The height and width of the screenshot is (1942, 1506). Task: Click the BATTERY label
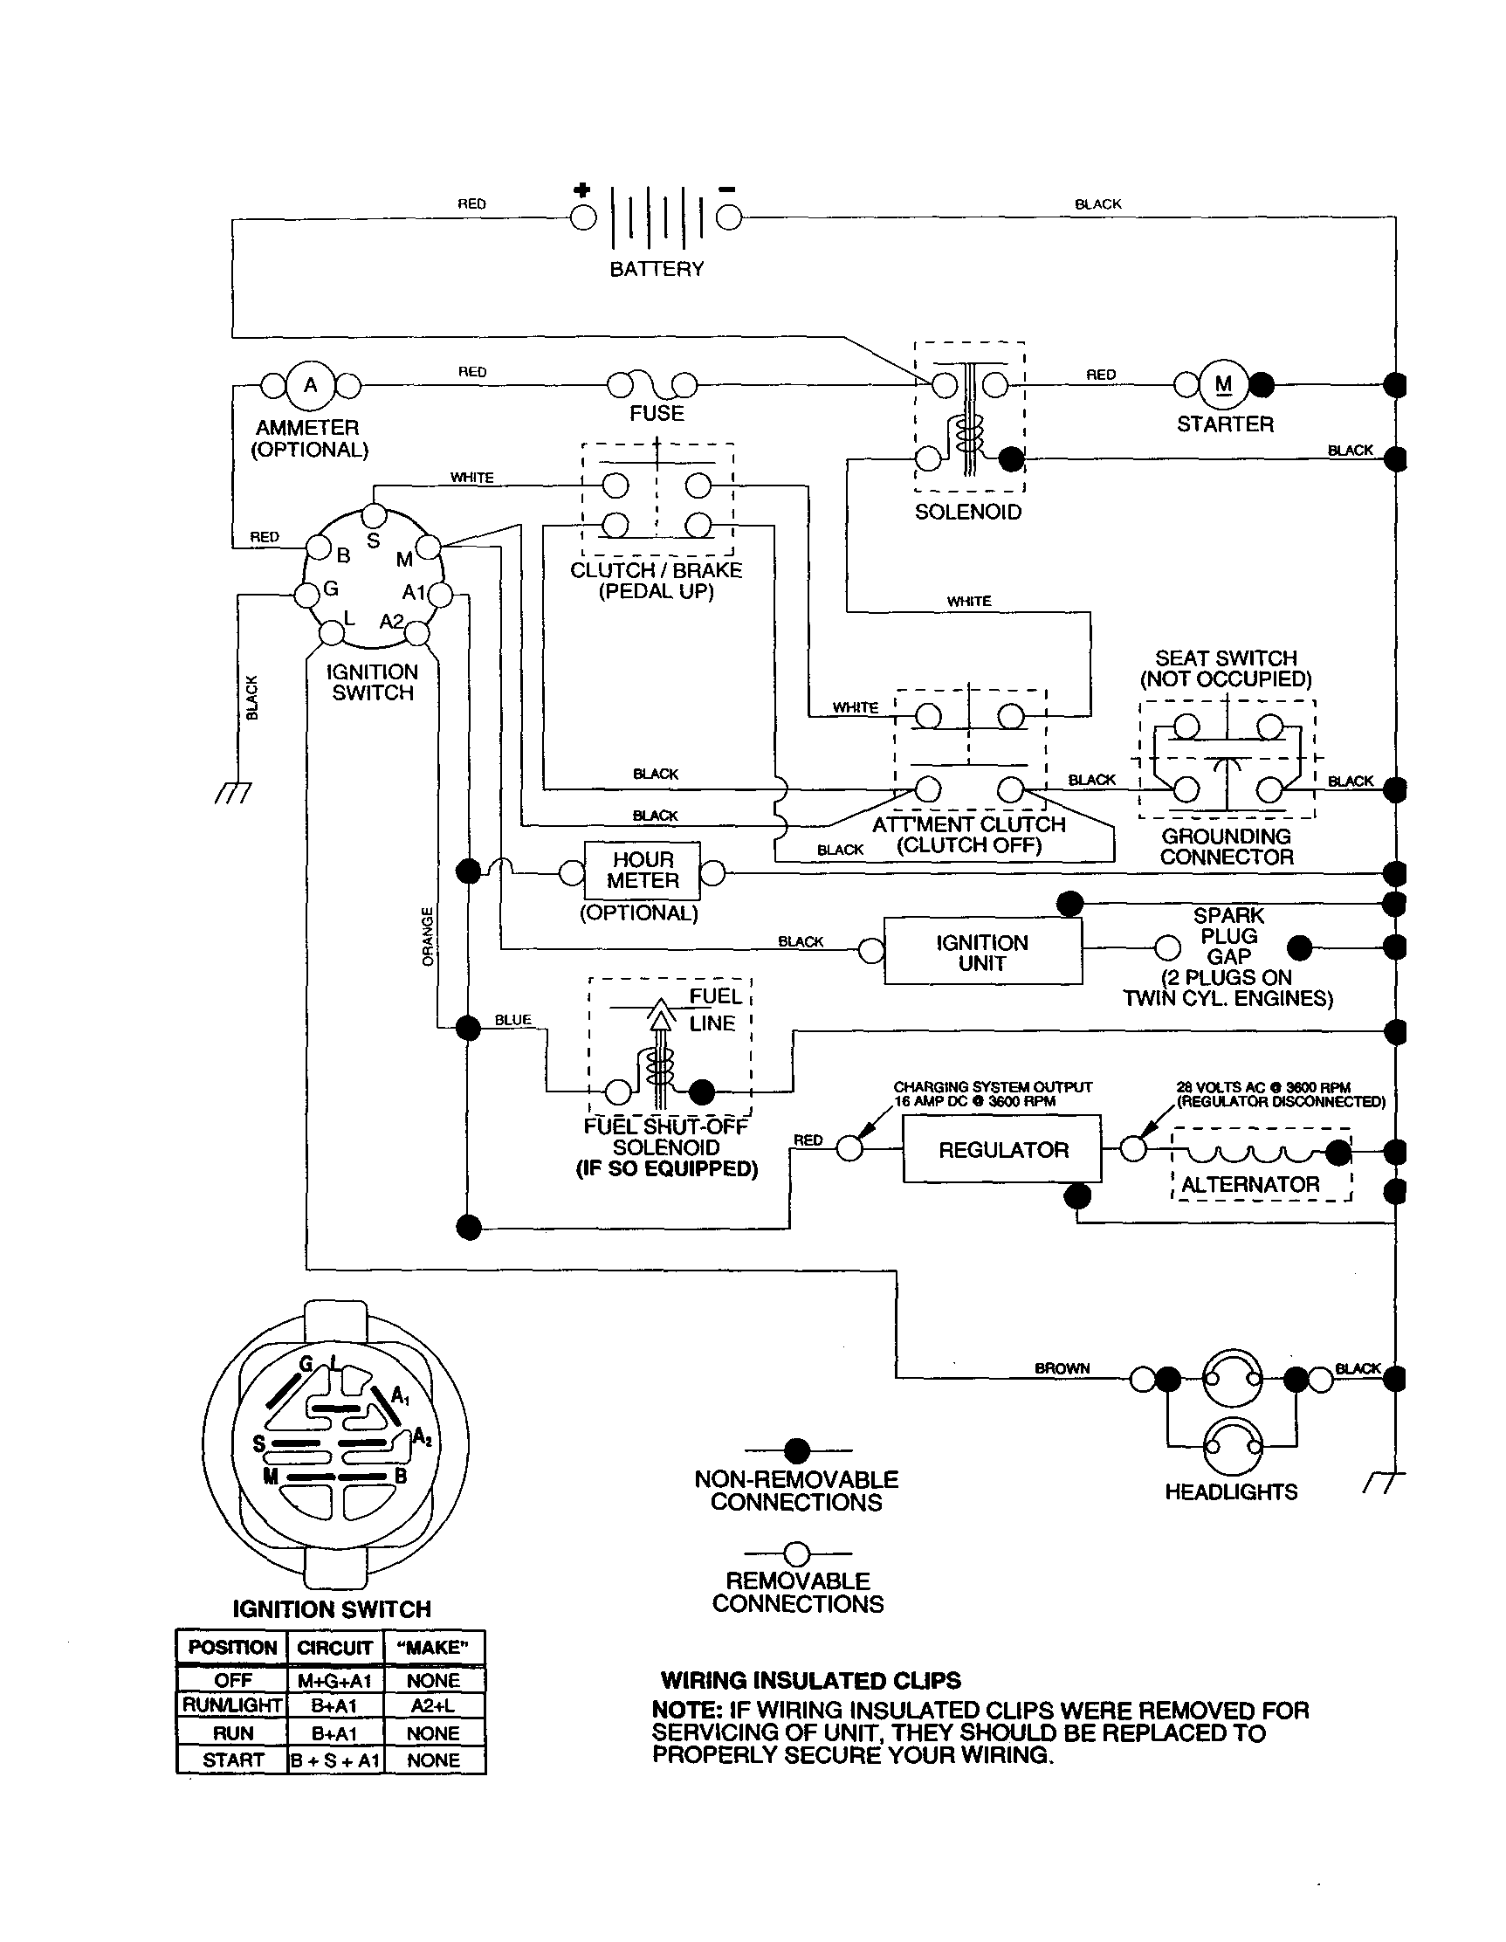click(657, 269)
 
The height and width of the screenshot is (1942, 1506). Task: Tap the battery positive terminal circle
click(583, 217)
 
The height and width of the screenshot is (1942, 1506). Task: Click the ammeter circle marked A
click(310, 385)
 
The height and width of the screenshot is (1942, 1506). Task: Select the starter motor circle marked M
click(1223, 384)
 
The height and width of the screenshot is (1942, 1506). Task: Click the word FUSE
click(657, 414)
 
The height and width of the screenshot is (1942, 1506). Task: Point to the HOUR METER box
click(642, 871)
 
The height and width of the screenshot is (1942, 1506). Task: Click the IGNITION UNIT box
click(982, 953)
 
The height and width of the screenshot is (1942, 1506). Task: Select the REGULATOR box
click(1003, 1150)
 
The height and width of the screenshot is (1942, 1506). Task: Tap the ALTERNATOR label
click(1250, 1184)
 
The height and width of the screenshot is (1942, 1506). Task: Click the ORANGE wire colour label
click(428, 936)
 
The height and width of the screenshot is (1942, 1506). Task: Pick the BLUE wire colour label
click(513, 1020)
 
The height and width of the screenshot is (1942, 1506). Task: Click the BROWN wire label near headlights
click(1062, 1368)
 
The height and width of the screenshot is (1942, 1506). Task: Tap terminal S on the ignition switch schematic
click(374, 541)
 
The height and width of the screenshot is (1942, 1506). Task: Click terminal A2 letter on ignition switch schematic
click(391, 621)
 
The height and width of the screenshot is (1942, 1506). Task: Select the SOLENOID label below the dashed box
click(968, 513)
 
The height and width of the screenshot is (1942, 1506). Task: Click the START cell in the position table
click(232, 1760)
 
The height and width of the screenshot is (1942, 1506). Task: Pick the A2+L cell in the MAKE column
click(433, 1705)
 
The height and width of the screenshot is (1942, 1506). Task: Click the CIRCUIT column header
click(334, 1648)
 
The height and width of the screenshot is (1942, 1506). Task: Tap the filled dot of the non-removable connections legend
click(797, 1451)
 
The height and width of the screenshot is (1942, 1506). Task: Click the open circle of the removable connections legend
click(797, 1553)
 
